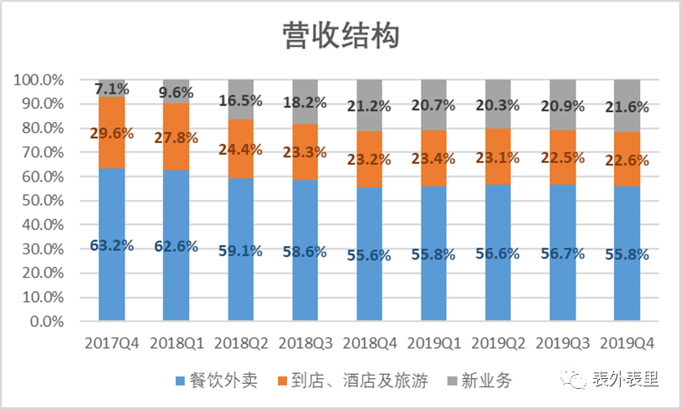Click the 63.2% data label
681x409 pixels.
(112, 247)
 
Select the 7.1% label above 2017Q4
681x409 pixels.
(112, 89)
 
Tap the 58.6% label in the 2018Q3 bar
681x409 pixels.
(305, 252)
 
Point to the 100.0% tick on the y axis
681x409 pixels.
(38, 80)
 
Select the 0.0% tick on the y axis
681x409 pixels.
(47, 321)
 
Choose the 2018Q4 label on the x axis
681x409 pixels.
(369, 343)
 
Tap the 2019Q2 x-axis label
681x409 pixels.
(498, 343)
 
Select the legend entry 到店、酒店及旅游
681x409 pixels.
(352, 381)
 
